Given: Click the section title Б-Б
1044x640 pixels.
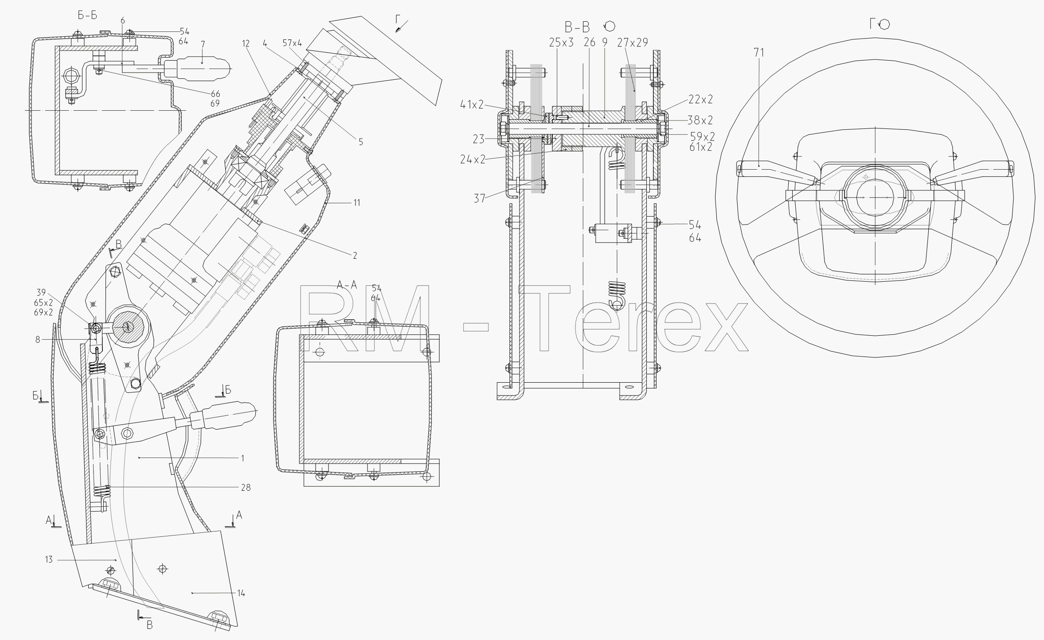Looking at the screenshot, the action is [87, 15].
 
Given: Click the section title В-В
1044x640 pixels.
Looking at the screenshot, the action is [577, 27].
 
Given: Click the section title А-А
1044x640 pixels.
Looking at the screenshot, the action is [347, 285].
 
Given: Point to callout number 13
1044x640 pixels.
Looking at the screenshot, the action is [49, 560].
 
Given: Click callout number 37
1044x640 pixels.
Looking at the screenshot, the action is [480, 198].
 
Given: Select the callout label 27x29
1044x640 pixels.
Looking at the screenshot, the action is [633, 43].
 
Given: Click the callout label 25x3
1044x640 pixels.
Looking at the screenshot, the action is [562, 43].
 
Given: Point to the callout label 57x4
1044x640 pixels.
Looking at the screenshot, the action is [293, 43].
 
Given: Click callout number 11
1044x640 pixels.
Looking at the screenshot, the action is [356, 203].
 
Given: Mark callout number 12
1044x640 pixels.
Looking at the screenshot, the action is [246, 43].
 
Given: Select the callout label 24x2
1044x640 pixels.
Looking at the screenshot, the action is [473, 159].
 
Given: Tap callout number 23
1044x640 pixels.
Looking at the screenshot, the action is [478, 139].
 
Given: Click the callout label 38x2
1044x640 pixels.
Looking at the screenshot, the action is [700, 120].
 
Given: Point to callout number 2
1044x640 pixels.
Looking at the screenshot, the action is [355, 255].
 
